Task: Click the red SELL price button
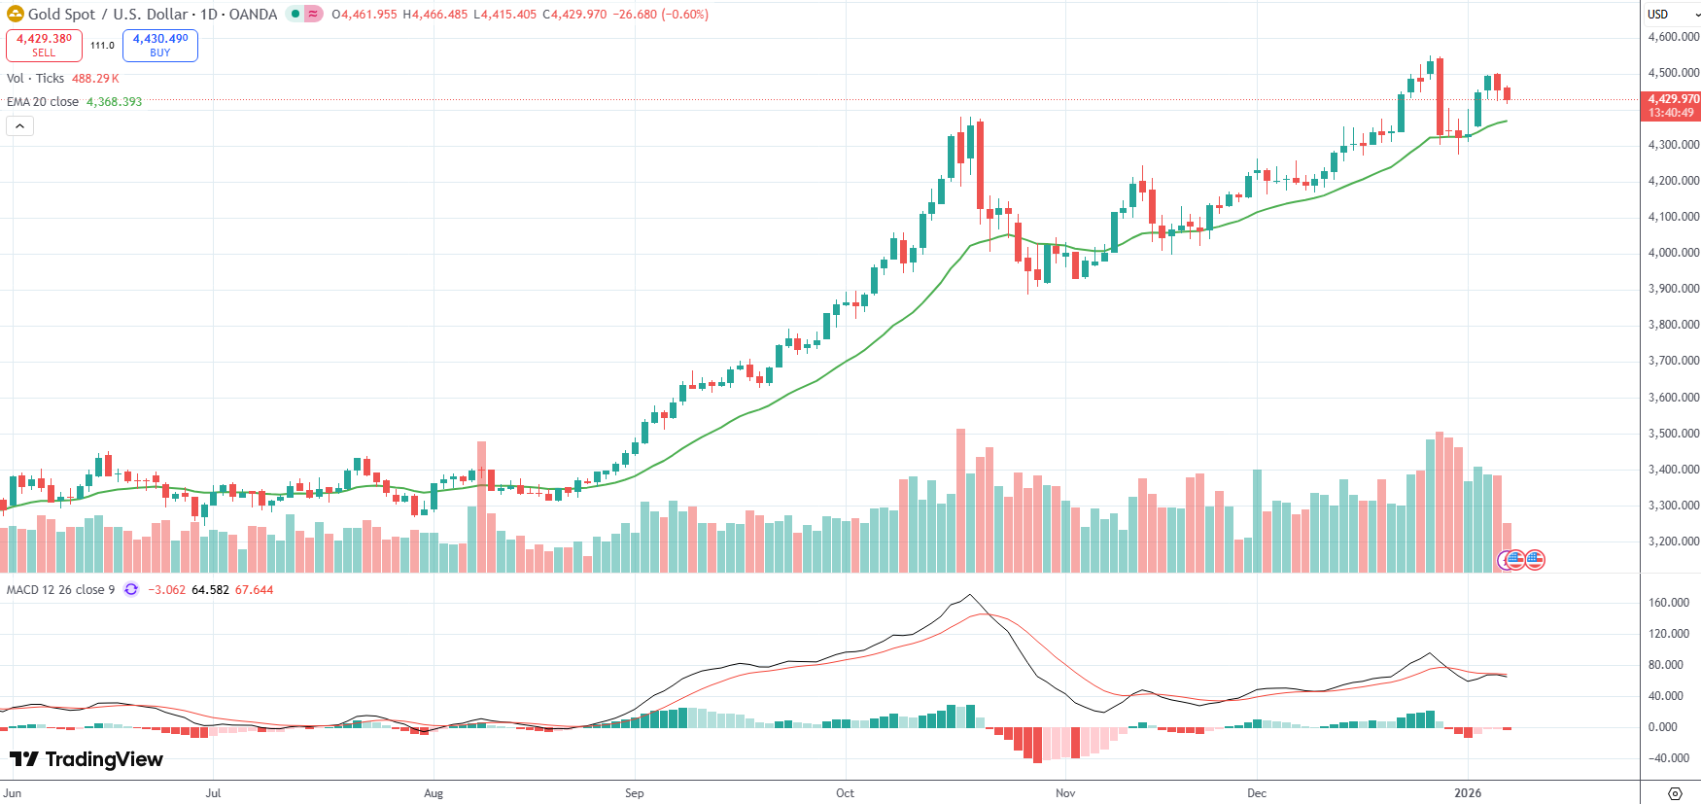point(44,45)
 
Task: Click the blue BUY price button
point(160,45)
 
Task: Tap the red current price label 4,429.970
point(1671,99)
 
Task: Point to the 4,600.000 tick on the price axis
point(1673,37)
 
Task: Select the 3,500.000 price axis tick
point(1673,434)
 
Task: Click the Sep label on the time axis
point(634,793)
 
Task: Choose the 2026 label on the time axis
point(1468,793)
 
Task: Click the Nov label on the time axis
point(1065,793)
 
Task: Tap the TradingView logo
point(87,759)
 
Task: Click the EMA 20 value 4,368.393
point(114,102)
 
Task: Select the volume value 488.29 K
point(95,79)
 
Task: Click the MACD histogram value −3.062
point(166,590)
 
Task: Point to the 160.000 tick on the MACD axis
point(1669,603)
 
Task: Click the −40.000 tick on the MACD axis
point(1669,758)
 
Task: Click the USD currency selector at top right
point(1658,15)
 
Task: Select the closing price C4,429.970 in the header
point(574,15)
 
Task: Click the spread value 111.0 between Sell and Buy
point(102,46)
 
